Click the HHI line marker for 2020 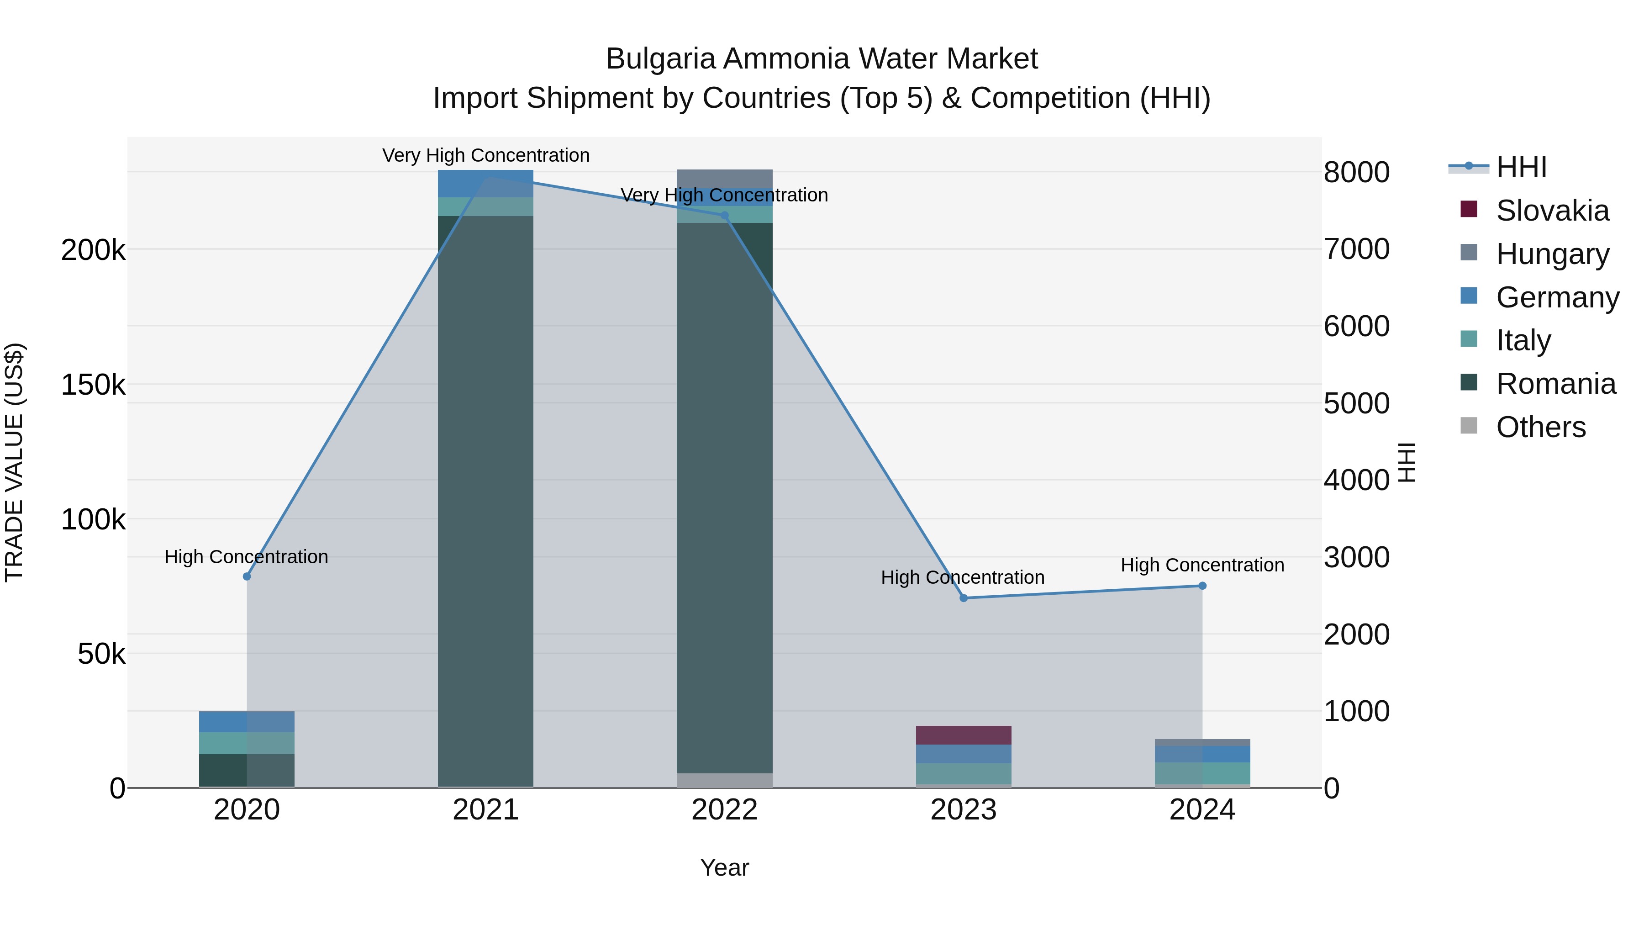tap(247, 576)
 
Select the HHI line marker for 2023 tap(964, 598)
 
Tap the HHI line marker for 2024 tap(1202, 586)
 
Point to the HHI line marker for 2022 tap(724, 216)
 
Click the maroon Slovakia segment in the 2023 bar tap(964, 735)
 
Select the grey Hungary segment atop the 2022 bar tap(724, 178)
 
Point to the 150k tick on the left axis tap(93, 385)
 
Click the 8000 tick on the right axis tap(1357, 172)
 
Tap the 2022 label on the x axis tap(724, 810)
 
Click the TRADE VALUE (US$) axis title tap(14, 462)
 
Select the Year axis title tap(724, 867)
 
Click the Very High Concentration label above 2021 tap(486, 155)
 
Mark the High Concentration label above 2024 tap(1202, 565)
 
